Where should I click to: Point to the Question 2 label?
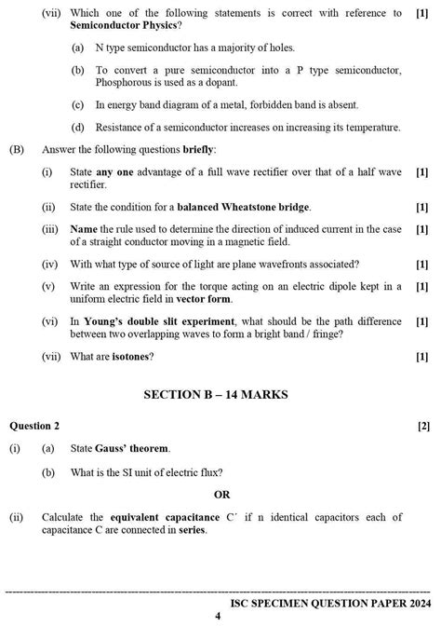[33, 426]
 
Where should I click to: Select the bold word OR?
[221, 495]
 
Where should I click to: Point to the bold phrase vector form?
[203, 299]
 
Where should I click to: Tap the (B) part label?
[17, 149]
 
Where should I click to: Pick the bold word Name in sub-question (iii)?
[84, 229]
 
